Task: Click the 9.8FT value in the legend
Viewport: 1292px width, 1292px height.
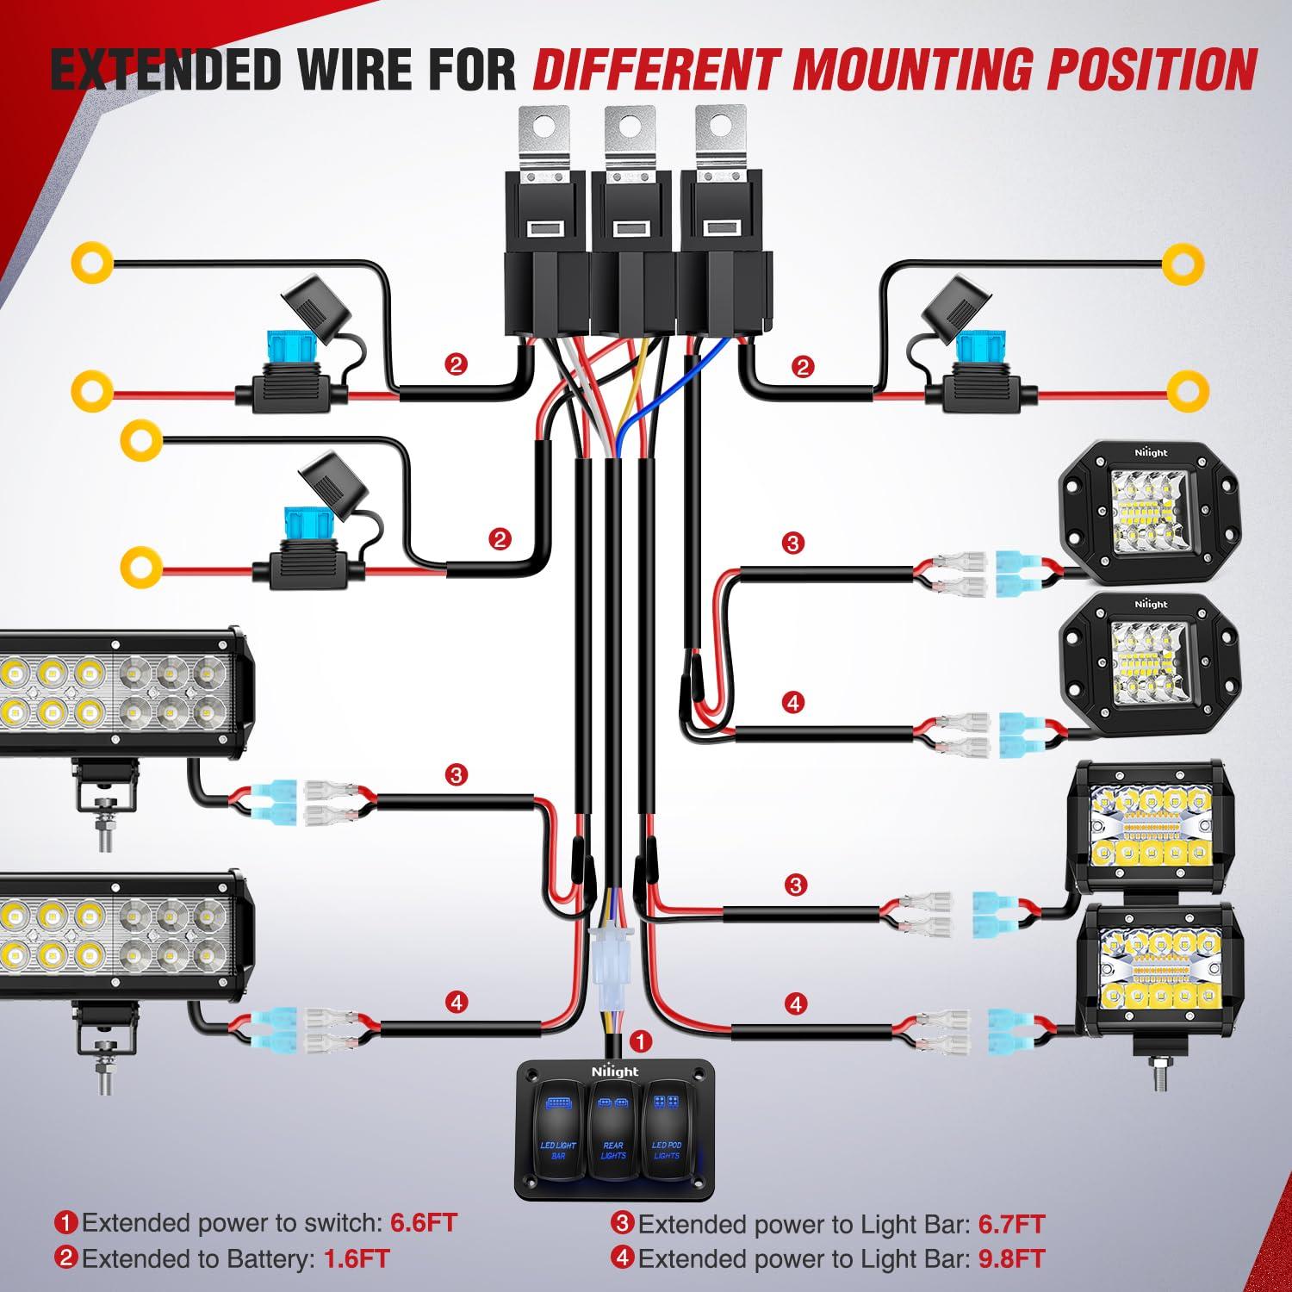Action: click(1011, 1258)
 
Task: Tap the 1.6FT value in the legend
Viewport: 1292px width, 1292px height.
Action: click(357, 1258)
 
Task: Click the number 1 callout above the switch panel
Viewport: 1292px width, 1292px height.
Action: click(640, 1040)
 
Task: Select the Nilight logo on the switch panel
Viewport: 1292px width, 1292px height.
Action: click(615, 1071)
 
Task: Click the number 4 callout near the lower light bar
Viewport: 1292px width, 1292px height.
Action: click(457, 1002)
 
